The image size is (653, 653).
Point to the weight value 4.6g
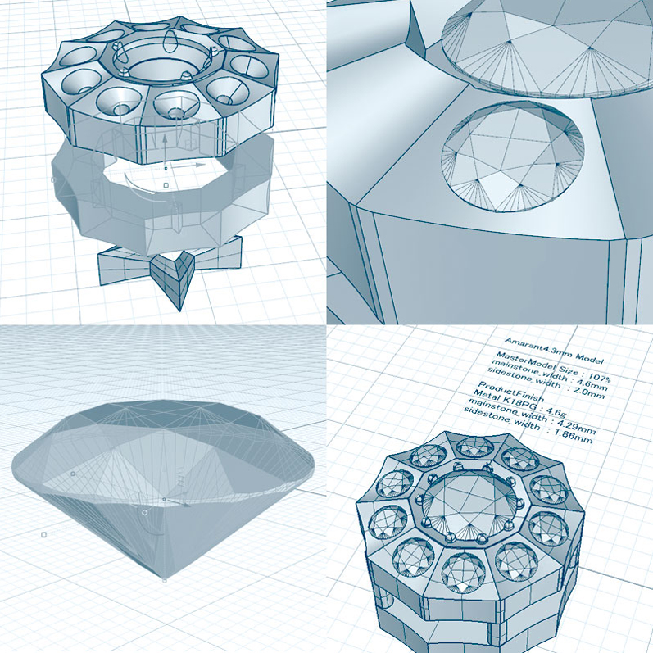(555, 410)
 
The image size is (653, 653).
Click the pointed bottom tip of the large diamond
(165, 579)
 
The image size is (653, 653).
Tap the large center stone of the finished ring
(471, 505)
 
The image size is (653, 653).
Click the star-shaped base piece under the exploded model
(170, 265)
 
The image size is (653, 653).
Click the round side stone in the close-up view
(513, 156)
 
